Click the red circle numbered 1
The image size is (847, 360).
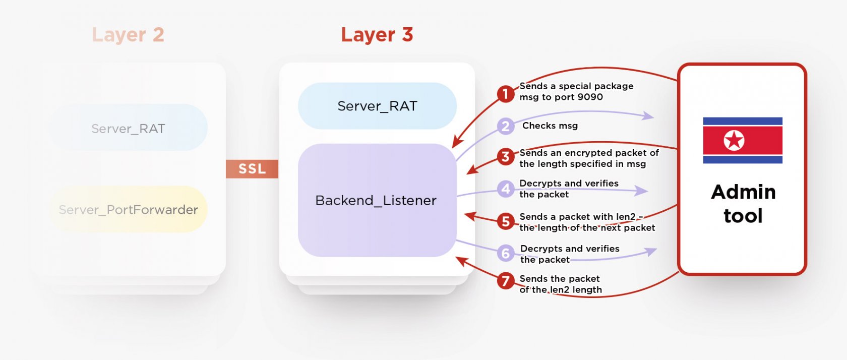point(505,94)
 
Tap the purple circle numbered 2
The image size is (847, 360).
point(505,126)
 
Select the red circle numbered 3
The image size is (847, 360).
point(505,157)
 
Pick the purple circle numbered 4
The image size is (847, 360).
point(505,189)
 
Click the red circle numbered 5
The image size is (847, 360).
point(505,221)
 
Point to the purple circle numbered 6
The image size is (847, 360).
point(505,253)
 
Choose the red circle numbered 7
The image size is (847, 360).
point(505,280)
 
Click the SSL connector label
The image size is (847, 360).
point(252,169)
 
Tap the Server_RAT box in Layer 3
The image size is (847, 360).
point(377,106)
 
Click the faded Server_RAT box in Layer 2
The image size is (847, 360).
point(128,129)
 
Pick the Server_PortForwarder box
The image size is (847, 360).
point(128,210)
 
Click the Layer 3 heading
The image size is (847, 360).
point(377,35)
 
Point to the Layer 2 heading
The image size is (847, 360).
point(128,35)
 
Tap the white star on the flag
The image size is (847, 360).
point(734,140)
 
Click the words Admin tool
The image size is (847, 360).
point(743,204)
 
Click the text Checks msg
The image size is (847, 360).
point(550,126)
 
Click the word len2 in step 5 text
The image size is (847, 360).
point(625,217)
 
